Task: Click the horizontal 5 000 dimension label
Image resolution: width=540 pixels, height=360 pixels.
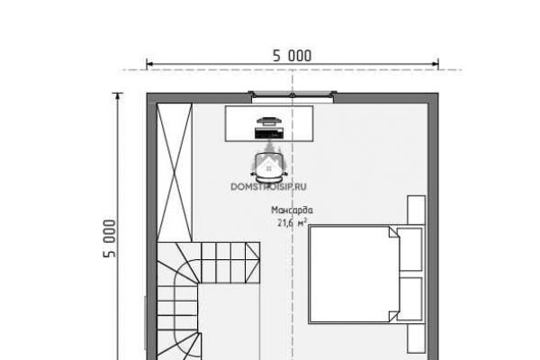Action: coord(292,56)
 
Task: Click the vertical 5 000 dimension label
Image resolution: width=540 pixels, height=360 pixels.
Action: coord(110,238)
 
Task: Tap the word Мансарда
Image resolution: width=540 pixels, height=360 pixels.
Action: coord(292,210)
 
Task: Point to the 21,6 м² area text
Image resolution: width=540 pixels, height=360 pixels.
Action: coord(292,223)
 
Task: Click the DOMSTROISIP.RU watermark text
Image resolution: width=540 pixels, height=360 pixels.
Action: coord(268,186)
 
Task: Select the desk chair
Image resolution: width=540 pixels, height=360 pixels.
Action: coord(269,167)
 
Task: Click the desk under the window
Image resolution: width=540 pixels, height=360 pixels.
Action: coord(269,123)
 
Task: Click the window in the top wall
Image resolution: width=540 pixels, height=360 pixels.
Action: coord(292,96)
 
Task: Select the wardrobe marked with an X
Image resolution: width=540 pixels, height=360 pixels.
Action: coord(175,172)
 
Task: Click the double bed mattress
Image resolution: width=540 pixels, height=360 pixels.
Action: coord(354,274)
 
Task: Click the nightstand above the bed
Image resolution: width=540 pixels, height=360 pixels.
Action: coord(417,210)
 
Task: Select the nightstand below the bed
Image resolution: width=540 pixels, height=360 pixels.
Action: coord(417,338)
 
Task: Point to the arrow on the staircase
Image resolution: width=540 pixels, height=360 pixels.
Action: coord(252,256)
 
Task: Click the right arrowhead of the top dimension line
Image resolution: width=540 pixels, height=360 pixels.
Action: coord(435,64)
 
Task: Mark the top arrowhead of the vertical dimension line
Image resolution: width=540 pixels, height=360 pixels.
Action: coord(118,96)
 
